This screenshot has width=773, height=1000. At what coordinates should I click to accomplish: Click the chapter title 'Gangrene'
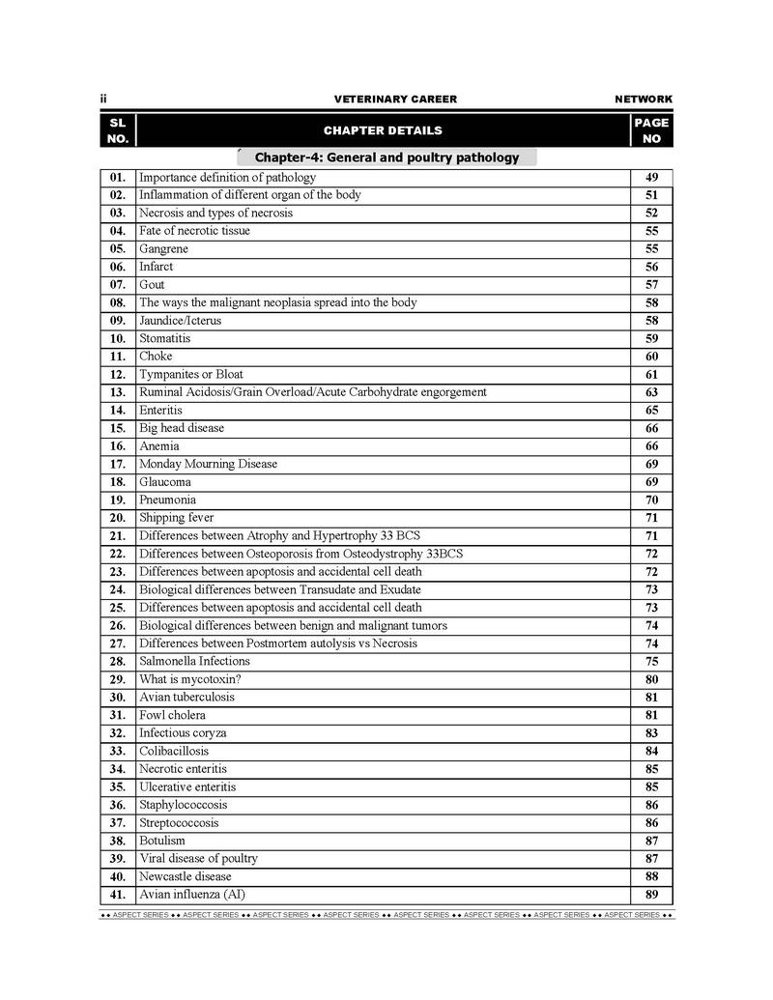point(163,249)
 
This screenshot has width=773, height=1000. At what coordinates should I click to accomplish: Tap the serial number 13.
point(118,392)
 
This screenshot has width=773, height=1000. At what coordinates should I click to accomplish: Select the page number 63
point(652,392)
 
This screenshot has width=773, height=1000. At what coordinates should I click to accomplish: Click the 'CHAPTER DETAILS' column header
point(383,130)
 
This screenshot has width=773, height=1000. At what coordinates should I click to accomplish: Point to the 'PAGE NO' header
point(651,130)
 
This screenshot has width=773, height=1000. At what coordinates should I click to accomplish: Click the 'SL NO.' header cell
point(118,130)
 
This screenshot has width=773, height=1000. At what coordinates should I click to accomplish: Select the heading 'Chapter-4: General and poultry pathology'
point(386,157)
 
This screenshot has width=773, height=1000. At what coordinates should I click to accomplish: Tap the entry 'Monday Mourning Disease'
point(208,464)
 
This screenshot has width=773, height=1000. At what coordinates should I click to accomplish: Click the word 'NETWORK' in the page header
point(644,100)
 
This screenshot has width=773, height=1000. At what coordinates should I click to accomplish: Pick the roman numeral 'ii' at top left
point(103,100)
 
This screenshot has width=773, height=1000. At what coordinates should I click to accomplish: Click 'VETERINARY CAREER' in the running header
point(395,100)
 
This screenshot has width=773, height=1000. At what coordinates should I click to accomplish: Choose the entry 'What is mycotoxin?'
point(189,679)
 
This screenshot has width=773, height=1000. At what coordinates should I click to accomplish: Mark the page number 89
point(652,895)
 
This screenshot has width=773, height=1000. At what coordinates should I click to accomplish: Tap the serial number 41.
point(118,895)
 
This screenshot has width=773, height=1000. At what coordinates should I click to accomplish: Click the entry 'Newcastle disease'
point(186,876)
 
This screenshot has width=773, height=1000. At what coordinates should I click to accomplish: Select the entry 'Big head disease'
point(182,428)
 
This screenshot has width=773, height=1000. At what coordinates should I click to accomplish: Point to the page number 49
point(652,178)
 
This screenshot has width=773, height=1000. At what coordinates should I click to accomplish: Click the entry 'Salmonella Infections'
point(194,661)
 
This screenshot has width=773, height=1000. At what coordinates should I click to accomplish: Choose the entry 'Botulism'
point(162,841)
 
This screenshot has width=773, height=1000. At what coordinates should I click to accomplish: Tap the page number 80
point(652,679)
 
